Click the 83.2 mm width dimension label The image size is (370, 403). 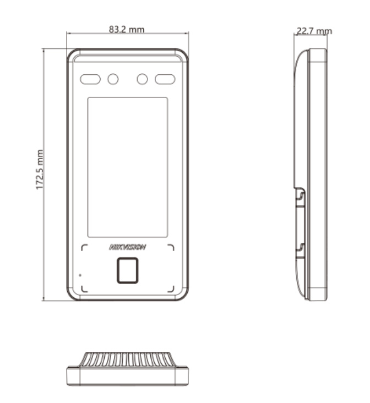coord(127,29)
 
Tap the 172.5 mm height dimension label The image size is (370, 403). coord(40,170)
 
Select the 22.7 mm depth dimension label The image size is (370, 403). coord(314,31)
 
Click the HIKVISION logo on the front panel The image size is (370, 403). coord(128,247)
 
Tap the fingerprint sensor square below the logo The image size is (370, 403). coord(128,271)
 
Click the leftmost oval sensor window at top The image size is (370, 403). coord(90,79)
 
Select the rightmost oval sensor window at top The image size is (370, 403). coord(165,79)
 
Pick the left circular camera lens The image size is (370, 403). coord(113,79)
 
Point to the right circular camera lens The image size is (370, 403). coord(142,79)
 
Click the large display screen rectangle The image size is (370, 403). coord(128,167)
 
